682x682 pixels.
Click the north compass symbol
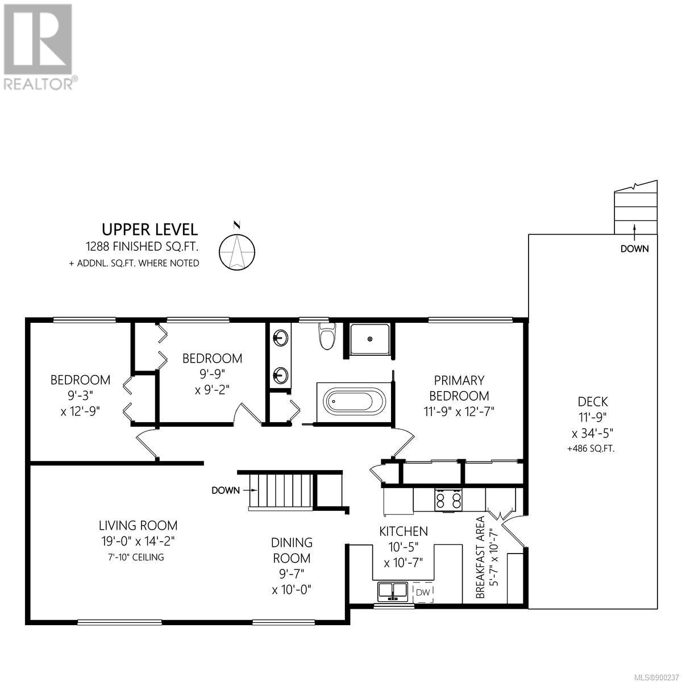point(237,250)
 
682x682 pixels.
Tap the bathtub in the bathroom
point(350,402)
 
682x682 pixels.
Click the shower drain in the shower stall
point(370,339)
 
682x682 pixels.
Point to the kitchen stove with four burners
point(448,499)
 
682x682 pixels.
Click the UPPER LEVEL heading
point(149,230)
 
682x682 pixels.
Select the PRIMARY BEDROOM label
point(459,388)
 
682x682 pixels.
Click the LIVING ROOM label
point(138,525)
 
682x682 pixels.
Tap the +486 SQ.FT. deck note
point(590,449)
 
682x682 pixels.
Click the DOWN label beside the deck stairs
point(635,249)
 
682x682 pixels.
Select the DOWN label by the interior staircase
point(226,490)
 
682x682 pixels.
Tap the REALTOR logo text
point(40,84)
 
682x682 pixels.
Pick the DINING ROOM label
point(292,550)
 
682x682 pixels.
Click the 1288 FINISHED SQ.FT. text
point(142,247)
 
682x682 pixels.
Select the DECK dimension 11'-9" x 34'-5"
point(592,425)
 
